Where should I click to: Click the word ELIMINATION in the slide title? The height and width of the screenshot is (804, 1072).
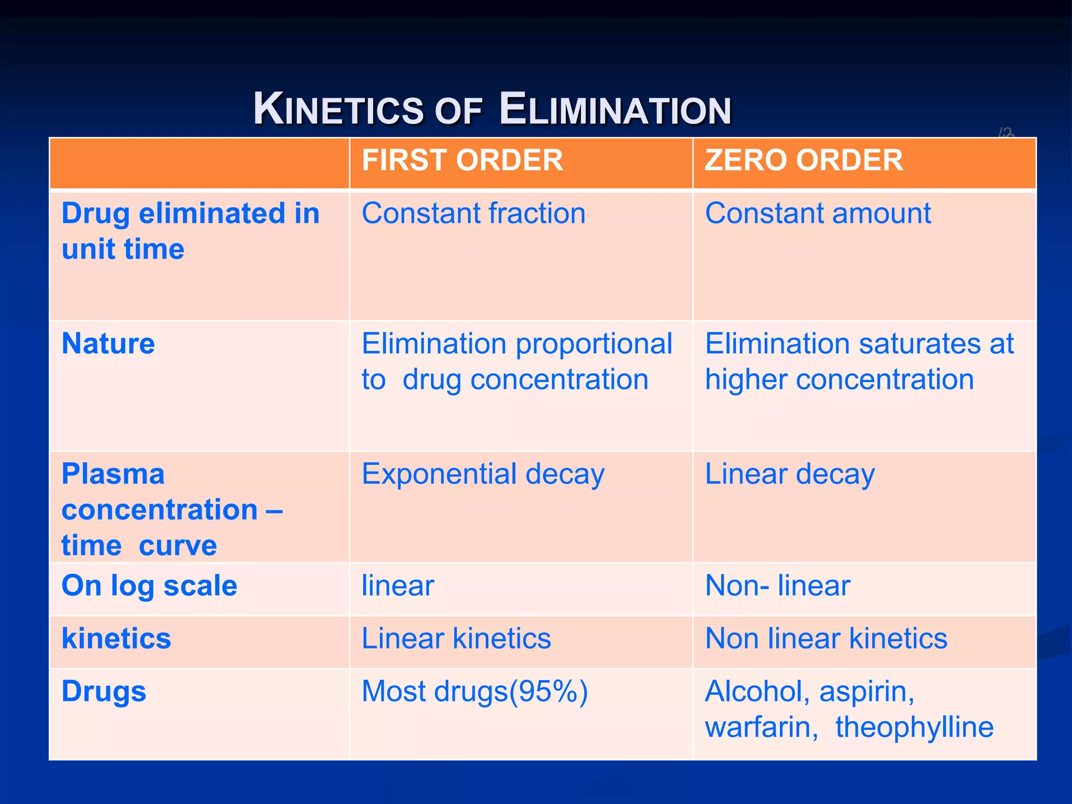(x=615, y=110)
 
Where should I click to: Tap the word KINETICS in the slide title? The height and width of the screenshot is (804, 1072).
(x=338, y=110)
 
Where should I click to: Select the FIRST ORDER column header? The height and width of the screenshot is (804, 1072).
(x=462, y=160)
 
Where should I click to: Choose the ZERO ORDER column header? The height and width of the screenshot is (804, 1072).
(x=803, y=160)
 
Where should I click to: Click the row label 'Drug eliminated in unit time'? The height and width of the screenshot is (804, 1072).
(x=190, y=231)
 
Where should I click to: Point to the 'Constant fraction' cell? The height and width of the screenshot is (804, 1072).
(x=473, y=214)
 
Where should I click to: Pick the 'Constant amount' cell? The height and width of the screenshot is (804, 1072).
(x=818, y=214)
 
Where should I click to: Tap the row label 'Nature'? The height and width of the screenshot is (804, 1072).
(x=108, y=344)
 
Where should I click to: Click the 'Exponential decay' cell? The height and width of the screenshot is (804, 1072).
(x=483, y=475)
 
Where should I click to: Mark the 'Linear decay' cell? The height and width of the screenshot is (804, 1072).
(x=789, y=475)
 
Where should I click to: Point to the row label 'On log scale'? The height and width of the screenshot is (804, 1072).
(x=149, y=586)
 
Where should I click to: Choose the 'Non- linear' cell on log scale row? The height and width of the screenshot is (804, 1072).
(x=777, y=586)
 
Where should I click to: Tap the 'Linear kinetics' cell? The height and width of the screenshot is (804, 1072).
(x=456, y=639)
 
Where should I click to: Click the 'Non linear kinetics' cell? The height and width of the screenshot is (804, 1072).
(x=826, y=639)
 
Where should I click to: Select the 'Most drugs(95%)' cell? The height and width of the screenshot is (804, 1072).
(x=474, y=691)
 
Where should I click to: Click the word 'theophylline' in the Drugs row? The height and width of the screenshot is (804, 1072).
(x=914, y=728)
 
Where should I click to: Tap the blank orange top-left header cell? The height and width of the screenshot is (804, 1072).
(x=199, y=163)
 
